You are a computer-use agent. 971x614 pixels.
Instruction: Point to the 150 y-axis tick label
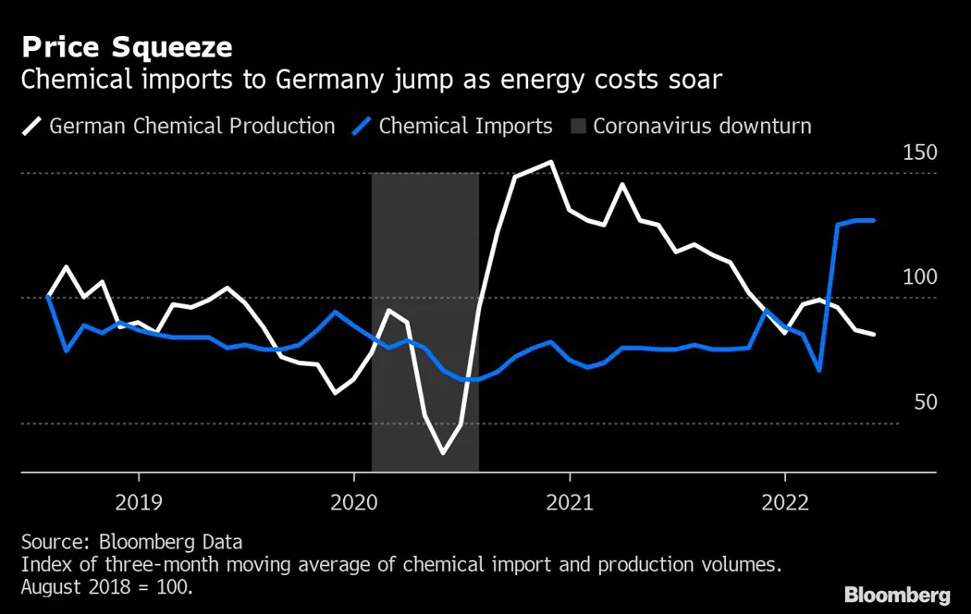point(919,153)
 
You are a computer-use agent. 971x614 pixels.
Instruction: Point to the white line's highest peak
point(551,162)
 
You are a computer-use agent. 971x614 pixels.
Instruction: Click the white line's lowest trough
point(443,453)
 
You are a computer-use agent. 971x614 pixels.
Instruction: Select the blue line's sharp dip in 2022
point(819,370)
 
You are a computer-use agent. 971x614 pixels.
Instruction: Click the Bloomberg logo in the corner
point(896,594)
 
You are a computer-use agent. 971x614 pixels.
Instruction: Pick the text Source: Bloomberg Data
point(131,542)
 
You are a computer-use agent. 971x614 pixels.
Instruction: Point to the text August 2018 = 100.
point(106,586)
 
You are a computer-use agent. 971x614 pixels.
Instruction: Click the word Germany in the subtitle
point(313,80)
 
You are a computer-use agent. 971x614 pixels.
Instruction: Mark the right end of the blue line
point(874,220)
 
